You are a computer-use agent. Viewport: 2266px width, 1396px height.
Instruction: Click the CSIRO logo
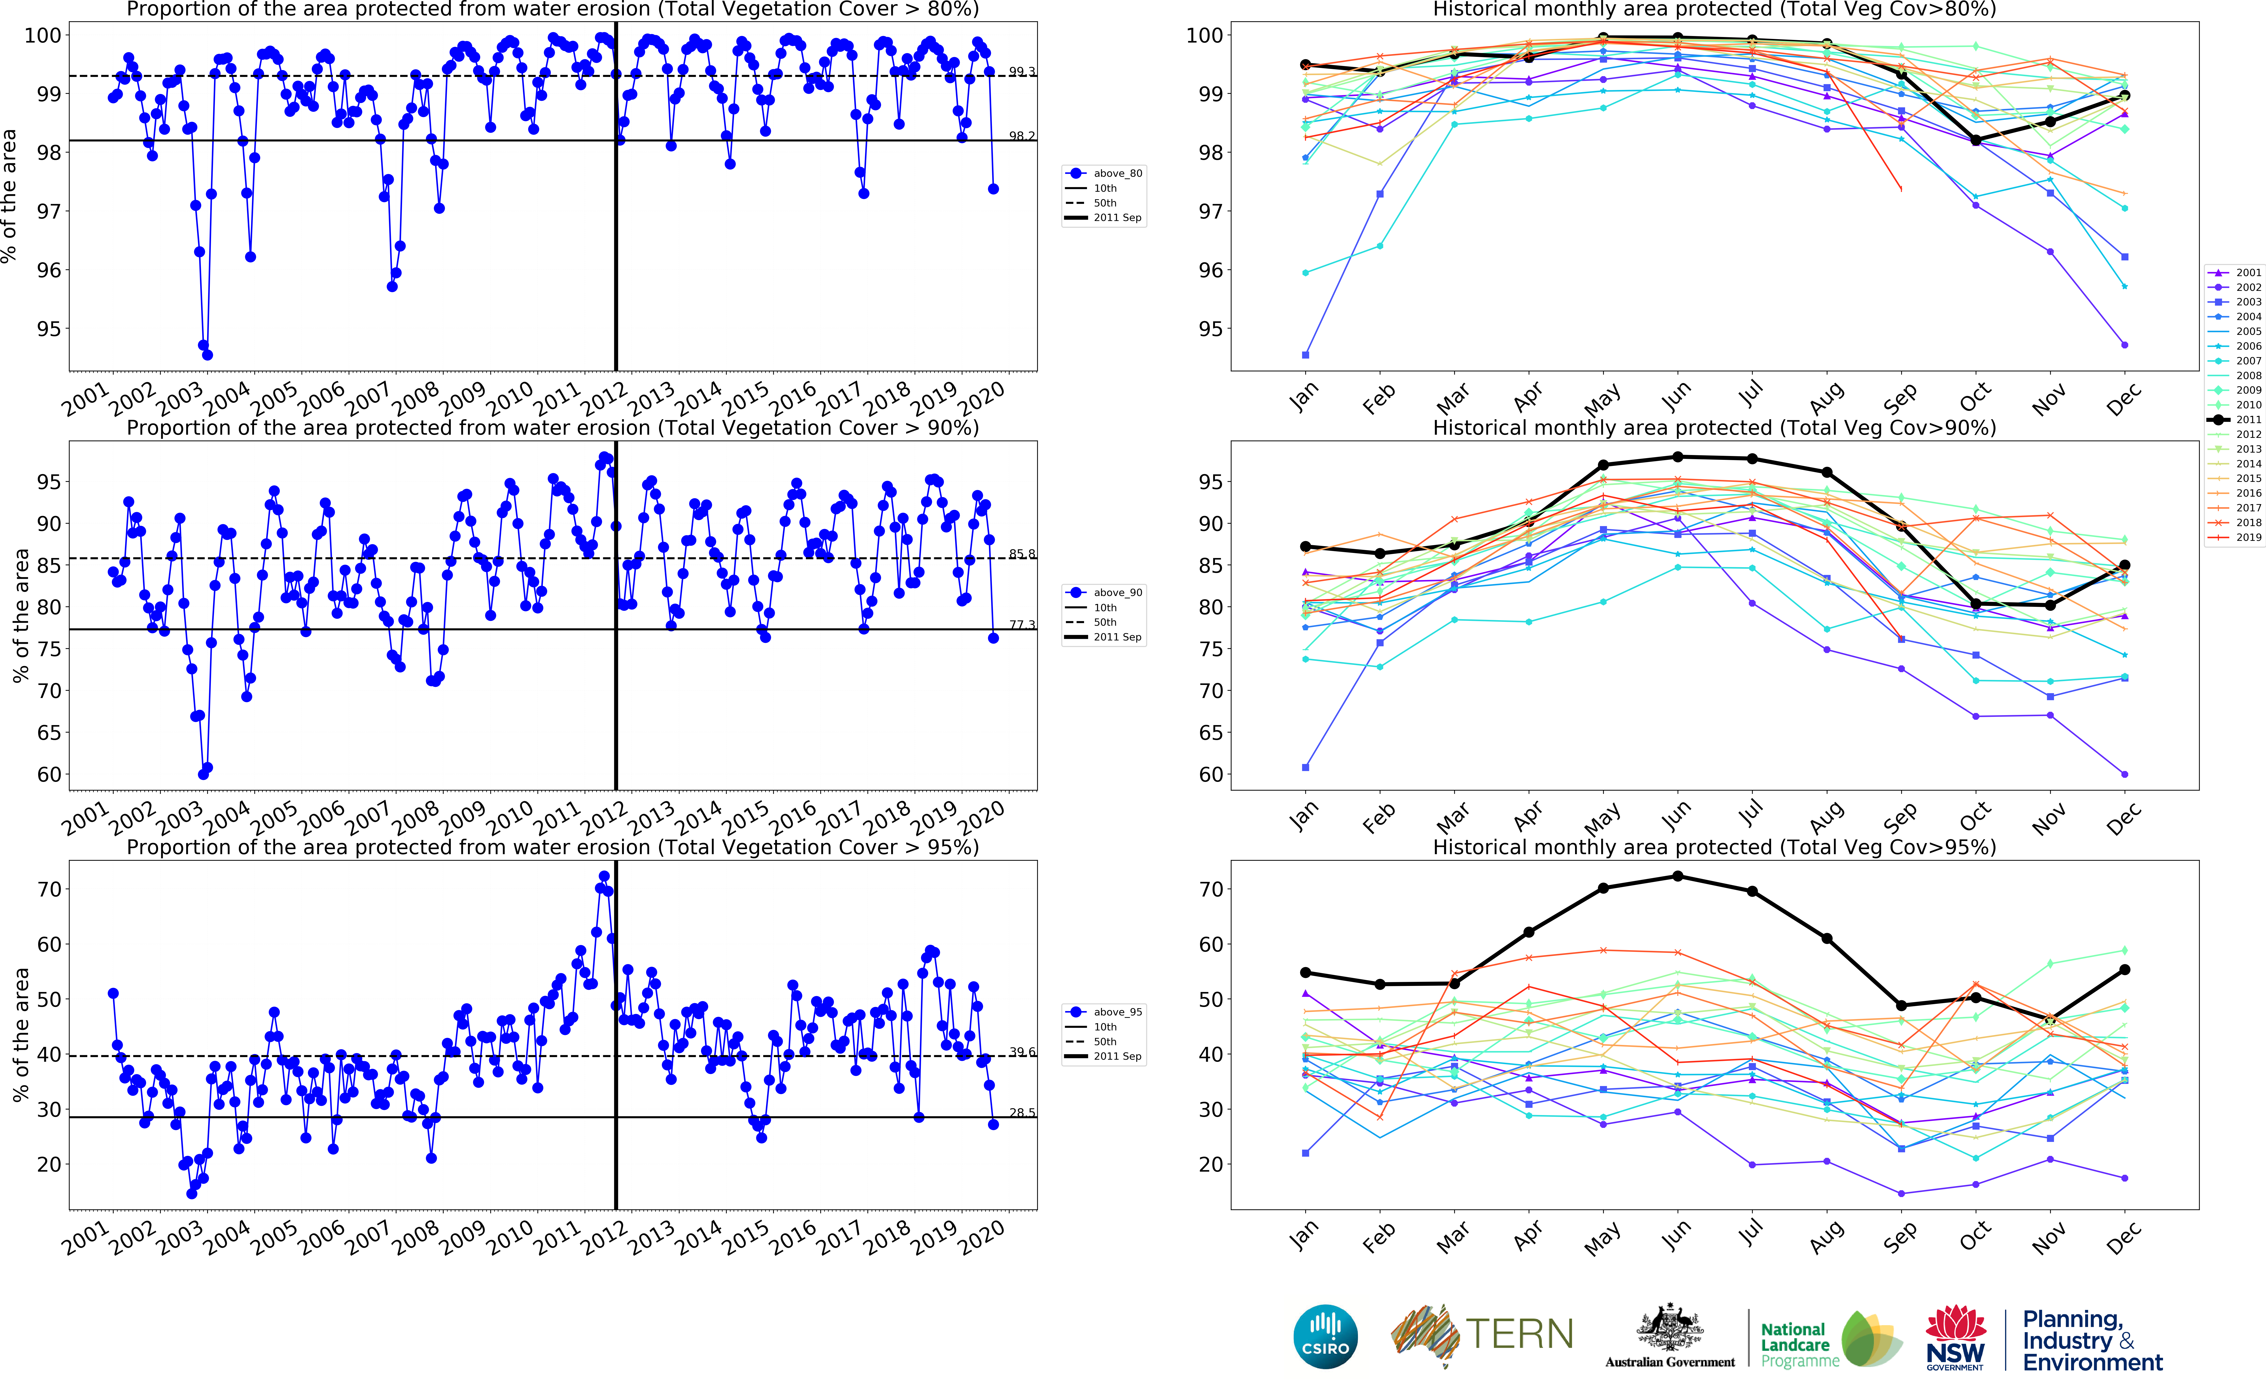(1326, 1336)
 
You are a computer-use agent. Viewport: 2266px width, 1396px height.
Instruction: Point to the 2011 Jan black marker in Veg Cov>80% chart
(1305, 65)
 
